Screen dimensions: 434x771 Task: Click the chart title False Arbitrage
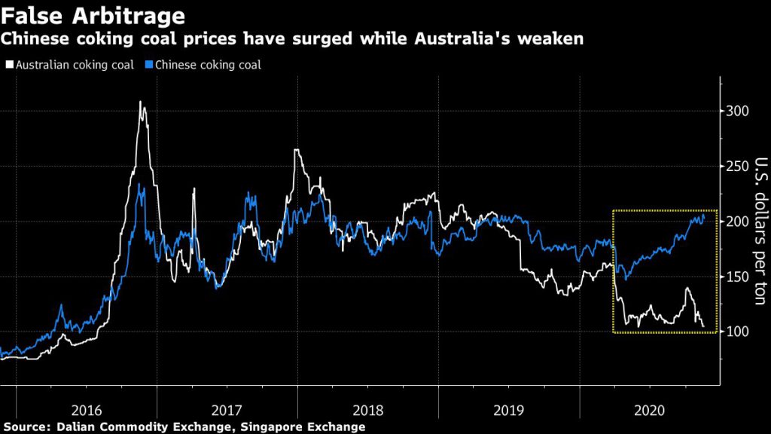94,14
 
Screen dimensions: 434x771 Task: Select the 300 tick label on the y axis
739,112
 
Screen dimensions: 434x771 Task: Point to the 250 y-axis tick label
739,167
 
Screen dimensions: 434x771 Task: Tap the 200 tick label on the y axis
739,222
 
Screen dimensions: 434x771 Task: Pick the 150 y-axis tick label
739,277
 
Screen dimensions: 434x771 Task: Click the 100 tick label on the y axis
739,332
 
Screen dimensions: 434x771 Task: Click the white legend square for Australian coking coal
8,66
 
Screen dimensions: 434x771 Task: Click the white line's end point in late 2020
704,326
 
